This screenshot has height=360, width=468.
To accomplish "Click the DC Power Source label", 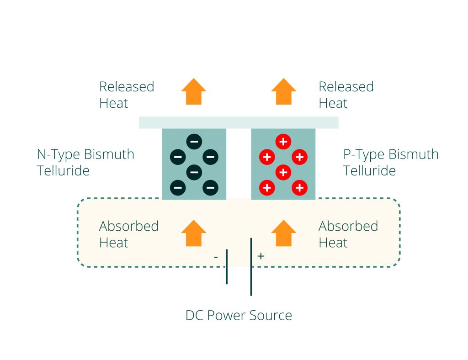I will [239, 315].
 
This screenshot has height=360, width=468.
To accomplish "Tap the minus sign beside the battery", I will [216, 257].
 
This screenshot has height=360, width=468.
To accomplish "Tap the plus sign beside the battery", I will [261, 256].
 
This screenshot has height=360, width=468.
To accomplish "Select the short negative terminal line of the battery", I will [227, 267].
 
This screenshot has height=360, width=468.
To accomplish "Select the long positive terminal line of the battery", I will [251, 267].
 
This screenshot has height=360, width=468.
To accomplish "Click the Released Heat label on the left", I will [126, 95].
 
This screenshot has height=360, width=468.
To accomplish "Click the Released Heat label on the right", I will [346, 95].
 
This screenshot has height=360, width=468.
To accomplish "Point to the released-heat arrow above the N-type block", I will [194, 91].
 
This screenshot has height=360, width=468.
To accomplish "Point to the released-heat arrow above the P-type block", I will [283, 91].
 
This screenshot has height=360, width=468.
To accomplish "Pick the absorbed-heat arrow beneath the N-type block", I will [194, 233].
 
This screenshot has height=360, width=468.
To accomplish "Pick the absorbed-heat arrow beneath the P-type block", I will [283, 233].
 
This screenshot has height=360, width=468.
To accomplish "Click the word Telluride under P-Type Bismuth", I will [369, 171].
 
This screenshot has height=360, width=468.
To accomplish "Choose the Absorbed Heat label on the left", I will [128, 234].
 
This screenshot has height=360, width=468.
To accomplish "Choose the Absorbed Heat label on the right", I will [348, 234].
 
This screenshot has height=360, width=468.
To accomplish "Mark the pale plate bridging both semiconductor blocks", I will [239, 122].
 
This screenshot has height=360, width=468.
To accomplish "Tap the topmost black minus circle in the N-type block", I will [194, 142].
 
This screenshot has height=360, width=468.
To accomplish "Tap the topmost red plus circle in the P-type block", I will [283, 142].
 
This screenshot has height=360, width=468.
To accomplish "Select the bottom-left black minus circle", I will [178, 187].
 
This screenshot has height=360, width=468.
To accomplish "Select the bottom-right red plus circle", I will [299, 187].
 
